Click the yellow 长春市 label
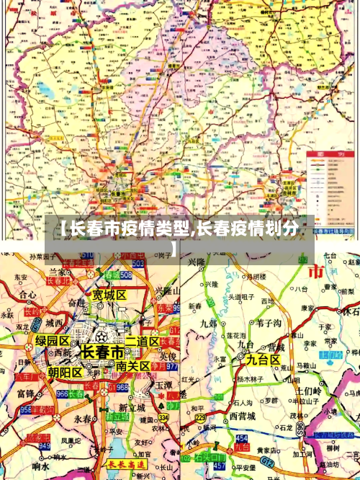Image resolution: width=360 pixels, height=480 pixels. [x=102, y=352]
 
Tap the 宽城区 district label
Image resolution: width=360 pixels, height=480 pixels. [x=109, y=295]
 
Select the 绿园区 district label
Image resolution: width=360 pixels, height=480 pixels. [x=53, y=340]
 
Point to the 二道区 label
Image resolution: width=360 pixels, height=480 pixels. [x=142, y=341]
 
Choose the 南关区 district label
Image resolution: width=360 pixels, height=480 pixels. [x=133, y=366]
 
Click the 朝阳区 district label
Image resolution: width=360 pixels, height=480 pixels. [x=65, y=372]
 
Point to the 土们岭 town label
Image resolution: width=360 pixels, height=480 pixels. [x=310, y=390]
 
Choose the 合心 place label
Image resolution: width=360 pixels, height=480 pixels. [x=27, y=295]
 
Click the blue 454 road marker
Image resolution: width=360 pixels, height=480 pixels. [x=241, y=437]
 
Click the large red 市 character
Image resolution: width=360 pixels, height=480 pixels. [x=315, y=272]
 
